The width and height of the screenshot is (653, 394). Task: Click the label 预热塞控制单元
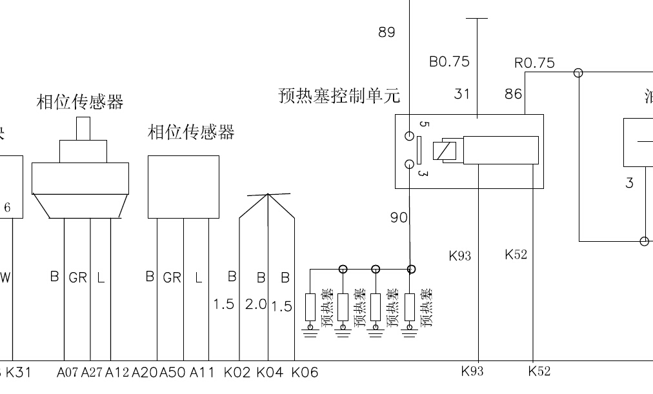[x=339, y=97]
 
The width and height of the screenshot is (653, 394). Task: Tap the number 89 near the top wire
[x=387, y=32]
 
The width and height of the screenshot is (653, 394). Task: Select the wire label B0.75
[x=449, y=62]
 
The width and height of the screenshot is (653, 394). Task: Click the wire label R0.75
[x=534, y=63]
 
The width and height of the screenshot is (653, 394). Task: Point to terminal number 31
[x=462, y=94]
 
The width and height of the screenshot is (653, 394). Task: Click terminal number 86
[x=513, y=94]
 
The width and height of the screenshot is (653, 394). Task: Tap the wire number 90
[x=399, y=218]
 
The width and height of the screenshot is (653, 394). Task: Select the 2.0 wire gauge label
[x=256, y=304]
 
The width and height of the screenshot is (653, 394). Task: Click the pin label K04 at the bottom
[x=269, y=372]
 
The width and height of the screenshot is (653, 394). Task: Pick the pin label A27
[x=92, y=372]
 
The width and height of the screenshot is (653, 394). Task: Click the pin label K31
[x=18, y=372]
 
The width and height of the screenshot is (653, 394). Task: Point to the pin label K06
[x=305, y=372]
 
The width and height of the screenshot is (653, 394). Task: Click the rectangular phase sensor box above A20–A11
[x=183, y=186]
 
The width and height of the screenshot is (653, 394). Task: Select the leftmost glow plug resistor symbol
[x=310, y=307]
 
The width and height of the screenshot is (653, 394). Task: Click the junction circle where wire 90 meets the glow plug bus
[x=412, y=269]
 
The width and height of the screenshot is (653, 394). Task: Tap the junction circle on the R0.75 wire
[x=579, y=73]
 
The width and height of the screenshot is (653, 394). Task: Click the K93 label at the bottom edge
[x=472, y=371]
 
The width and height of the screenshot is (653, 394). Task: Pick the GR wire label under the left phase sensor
[x=77, y=278]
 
